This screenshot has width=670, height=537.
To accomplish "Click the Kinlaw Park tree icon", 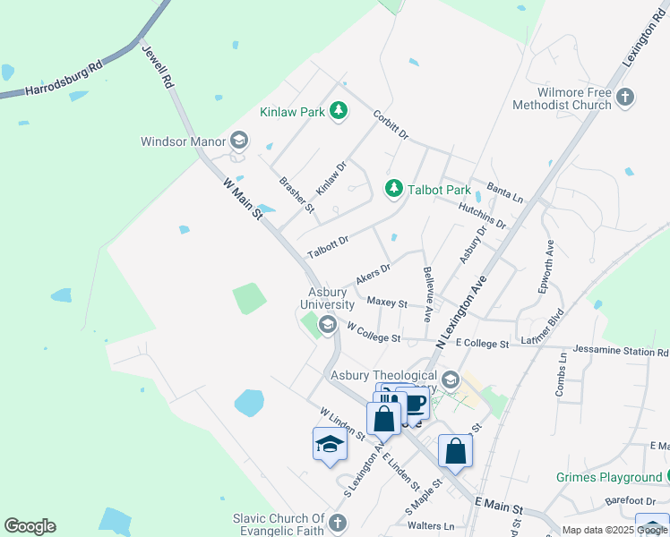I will [x=339, y=111].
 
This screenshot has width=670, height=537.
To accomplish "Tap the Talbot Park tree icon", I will [x=392, y=188].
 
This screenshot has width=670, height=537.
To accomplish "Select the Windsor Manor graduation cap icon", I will [x=238, y=140].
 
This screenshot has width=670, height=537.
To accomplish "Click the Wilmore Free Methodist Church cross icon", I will [x=625, y=96].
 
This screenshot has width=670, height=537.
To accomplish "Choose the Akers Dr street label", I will [x=374, y=273].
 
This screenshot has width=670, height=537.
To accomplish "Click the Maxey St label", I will [x=387, y=303].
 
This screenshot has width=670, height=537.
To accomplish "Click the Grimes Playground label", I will [x=608, y=478].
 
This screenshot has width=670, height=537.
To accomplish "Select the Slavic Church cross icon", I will [x=337, y=523].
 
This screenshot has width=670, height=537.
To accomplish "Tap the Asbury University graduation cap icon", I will [x=328, y=324].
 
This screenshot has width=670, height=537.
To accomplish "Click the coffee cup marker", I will [x=414, y=404].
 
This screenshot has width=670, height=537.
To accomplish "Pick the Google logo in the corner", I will [x=30, y=526].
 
